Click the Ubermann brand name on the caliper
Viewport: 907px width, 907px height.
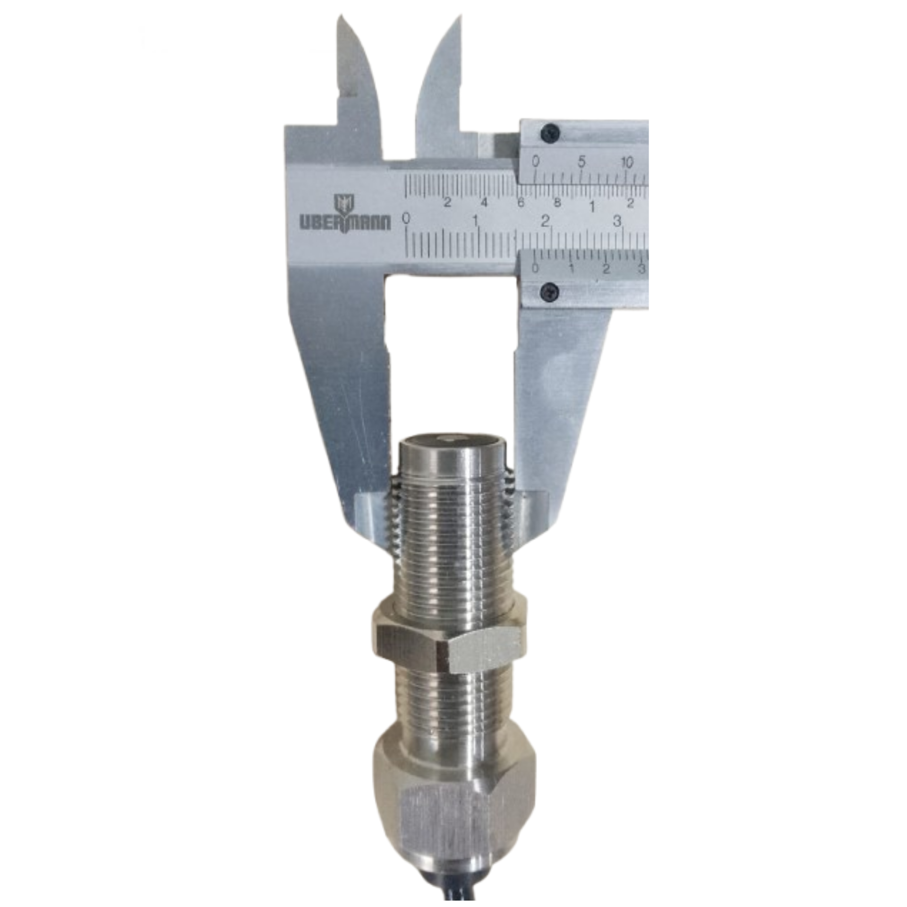(x=346, y=222)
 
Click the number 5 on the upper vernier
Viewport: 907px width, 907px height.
(x=582, y=162)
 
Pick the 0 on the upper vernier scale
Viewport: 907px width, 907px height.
(x=535, y=162)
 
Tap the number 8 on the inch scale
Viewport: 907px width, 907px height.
(x=557, y=202)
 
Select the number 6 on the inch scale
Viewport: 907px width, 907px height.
(x=521, y=203)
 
